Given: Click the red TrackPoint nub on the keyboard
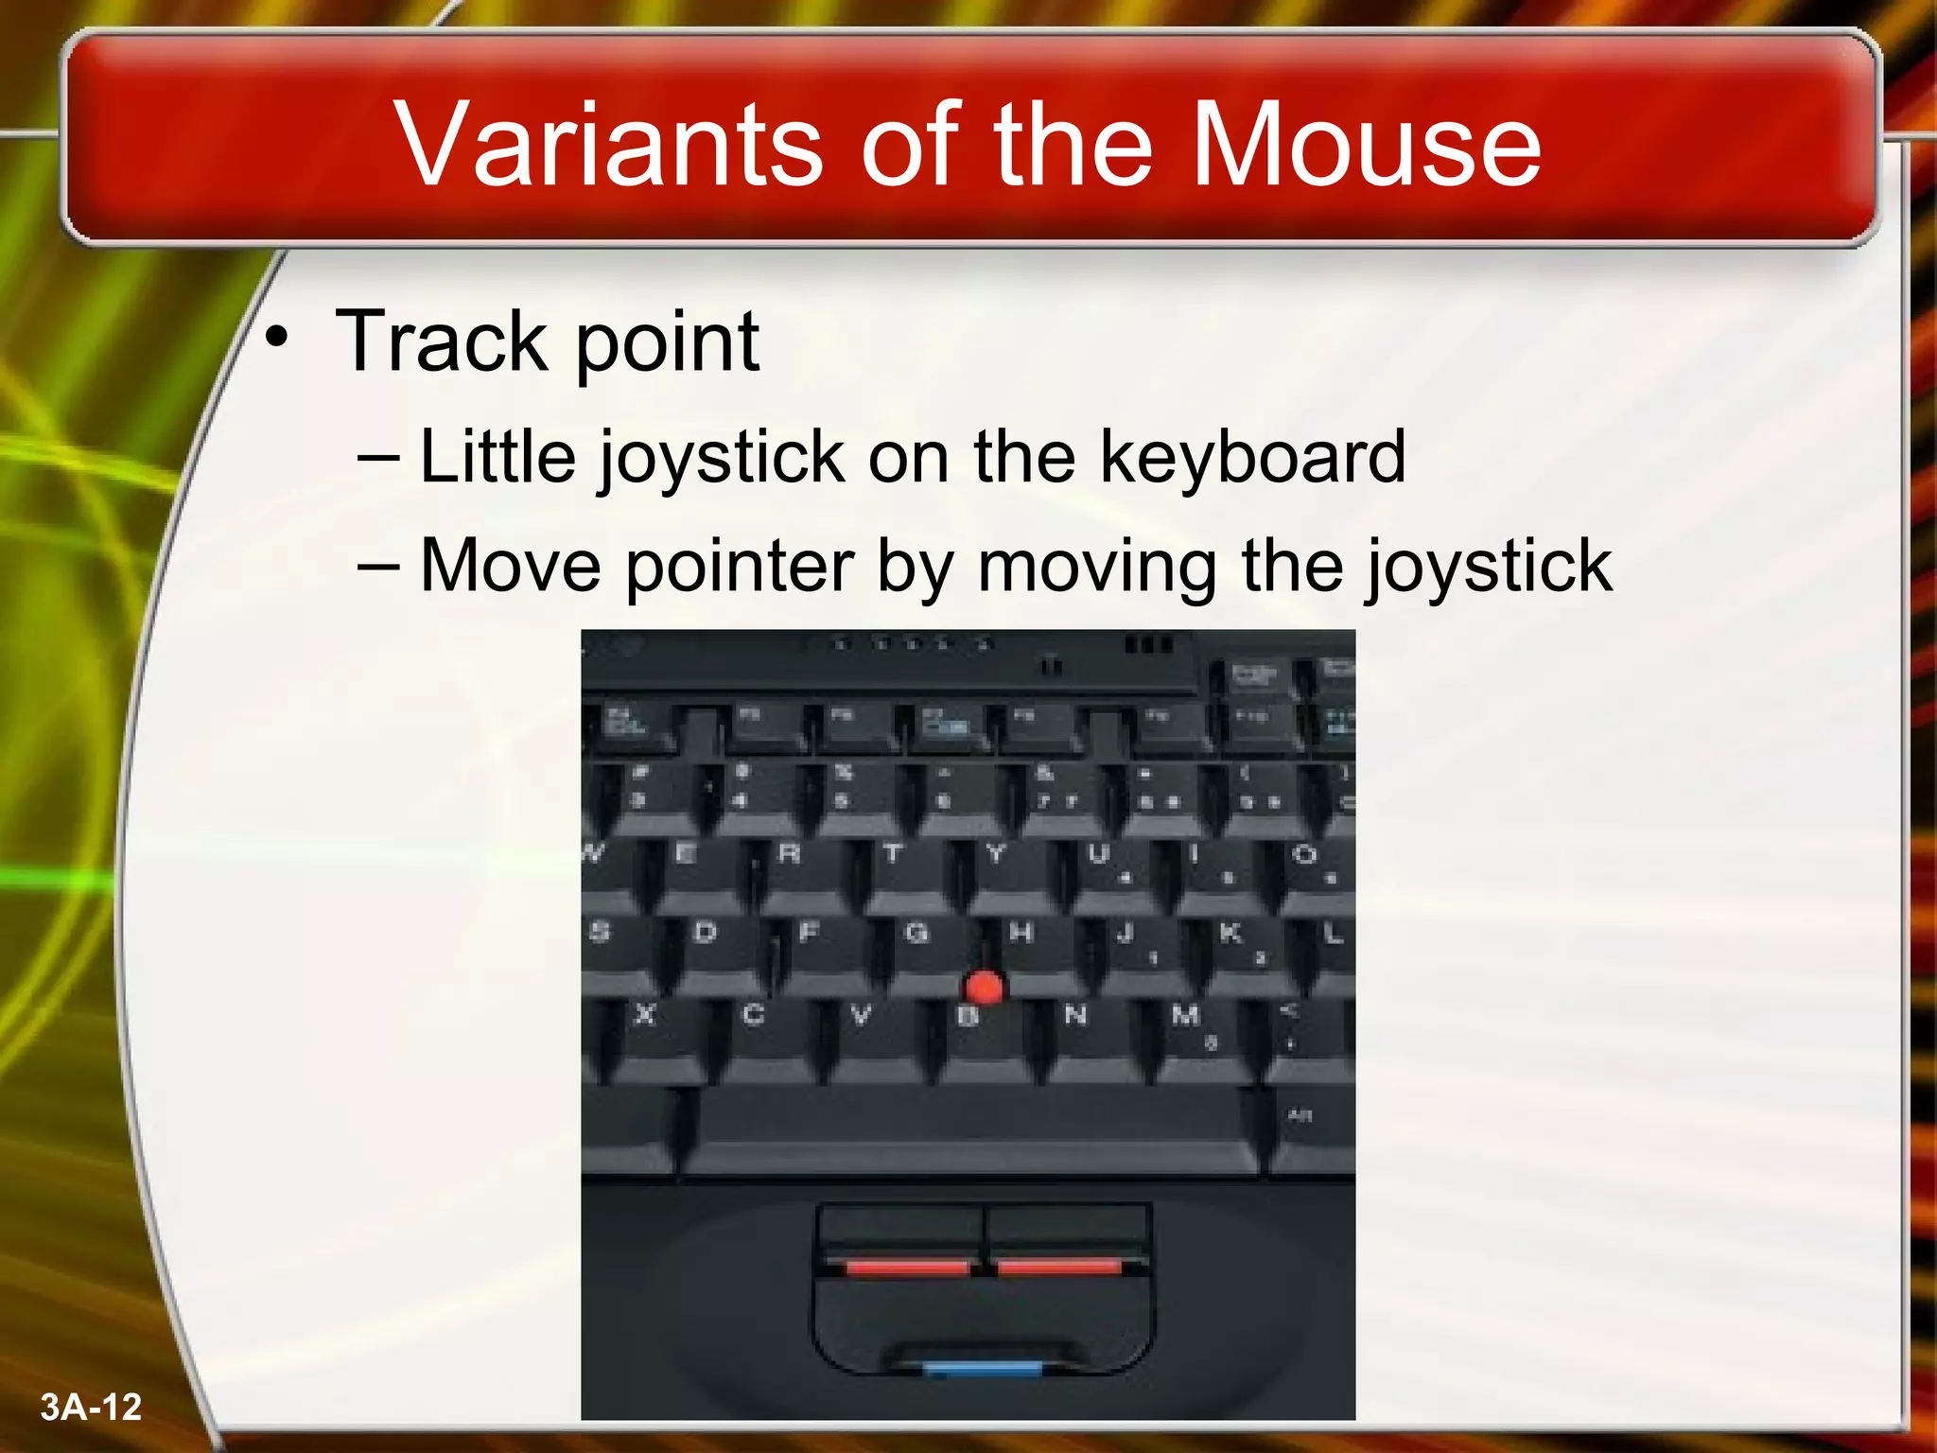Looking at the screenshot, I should [x=985, y=988].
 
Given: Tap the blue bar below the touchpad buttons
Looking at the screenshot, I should [x=982, y=1368].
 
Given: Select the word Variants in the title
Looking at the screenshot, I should [x=609, y=145].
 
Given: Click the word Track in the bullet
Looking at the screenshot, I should [x=442, y=341].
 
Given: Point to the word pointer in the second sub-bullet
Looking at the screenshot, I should [x=740, y=566].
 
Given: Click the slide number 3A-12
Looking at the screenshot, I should [x=91, y=1407].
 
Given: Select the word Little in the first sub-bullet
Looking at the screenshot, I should [x=497, y=457].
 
